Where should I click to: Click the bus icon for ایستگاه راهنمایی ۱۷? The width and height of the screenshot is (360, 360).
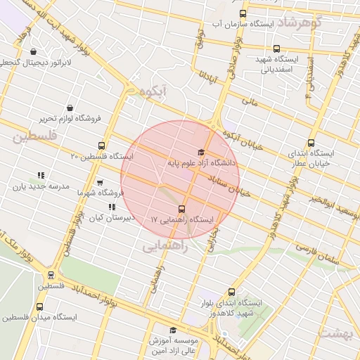tap(182, 209)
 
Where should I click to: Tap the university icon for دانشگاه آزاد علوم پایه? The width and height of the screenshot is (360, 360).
tap(201, 153)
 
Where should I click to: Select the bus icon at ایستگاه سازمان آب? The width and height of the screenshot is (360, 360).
tap(243, 13)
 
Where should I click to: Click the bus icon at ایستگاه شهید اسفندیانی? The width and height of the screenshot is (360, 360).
tap(276, 49)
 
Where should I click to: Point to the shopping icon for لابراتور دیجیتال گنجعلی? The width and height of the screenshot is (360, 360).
tap(34, 51)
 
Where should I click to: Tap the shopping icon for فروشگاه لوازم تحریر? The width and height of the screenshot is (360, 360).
tap(70, 108)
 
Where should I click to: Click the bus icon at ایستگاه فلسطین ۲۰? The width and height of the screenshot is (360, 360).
tap(102, 146)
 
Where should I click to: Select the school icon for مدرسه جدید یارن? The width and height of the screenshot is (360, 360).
tap(41, 176)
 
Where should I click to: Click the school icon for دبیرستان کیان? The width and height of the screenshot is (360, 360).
tap(112, 207)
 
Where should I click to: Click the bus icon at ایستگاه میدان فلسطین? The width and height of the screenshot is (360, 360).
tap(39, 307)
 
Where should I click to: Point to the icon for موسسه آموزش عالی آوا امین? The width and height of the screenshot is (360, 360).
tap(173, 330)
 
